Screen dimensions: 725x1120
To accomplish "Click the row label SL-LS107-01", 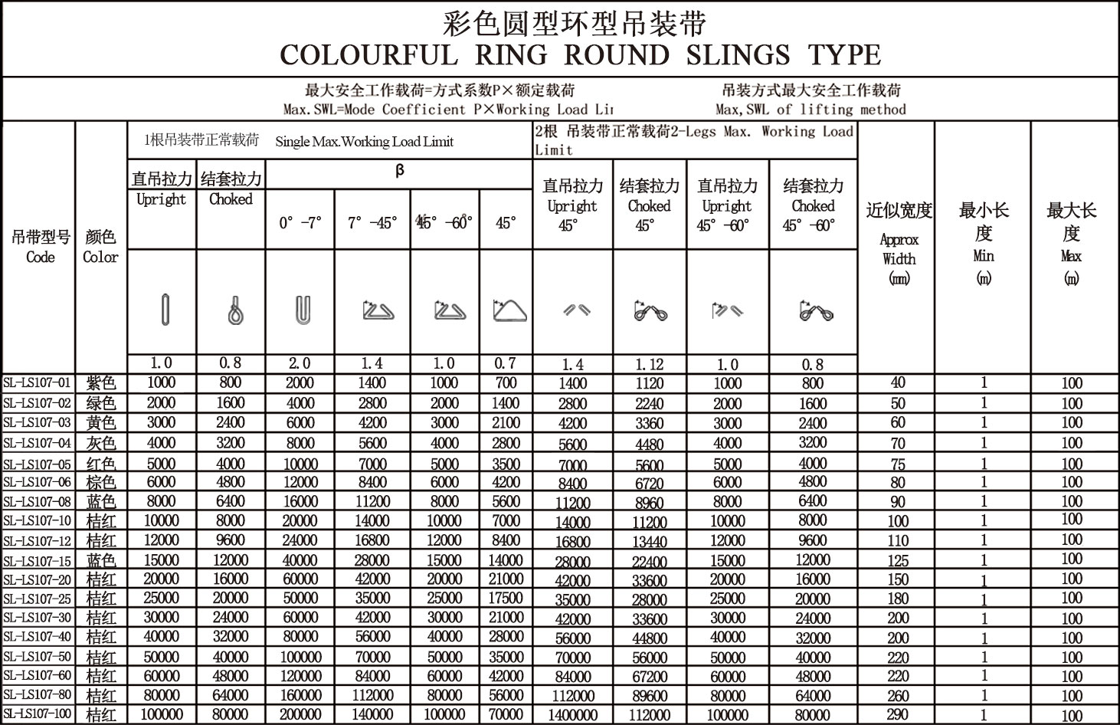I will point(37,382).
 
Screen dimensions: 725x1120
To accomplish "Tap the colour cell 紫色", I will point(101,382).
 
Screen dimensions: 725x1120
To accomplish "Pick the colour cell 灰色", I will point(101,443).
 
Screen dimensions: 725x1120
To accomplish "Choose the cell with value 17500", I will point(506,598).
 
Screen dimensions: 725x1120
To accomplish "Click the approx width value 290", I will point(898,714).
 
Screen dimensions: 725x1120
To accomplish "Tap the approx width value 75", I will point(898,464).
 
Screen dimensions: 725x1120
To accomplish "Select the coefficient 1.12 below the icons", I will point(649,364).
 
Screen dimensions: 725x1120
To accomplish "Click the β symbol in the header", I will point(399,171).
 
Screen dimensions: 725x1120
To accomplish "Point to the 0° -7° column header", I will point(300,223).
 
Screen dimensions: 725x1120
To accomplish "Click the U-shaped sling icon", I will point(302,310).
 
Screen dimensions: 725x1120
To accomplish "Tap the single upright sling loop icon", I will point(164,310).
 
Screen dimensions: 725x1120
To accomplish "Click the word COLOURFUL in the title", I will point(368,55).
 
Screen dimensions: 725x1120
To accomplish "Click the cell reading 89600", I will point(649,696).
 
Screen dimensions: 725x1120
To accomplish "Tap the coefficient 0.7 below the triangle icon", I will point(506,363).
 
